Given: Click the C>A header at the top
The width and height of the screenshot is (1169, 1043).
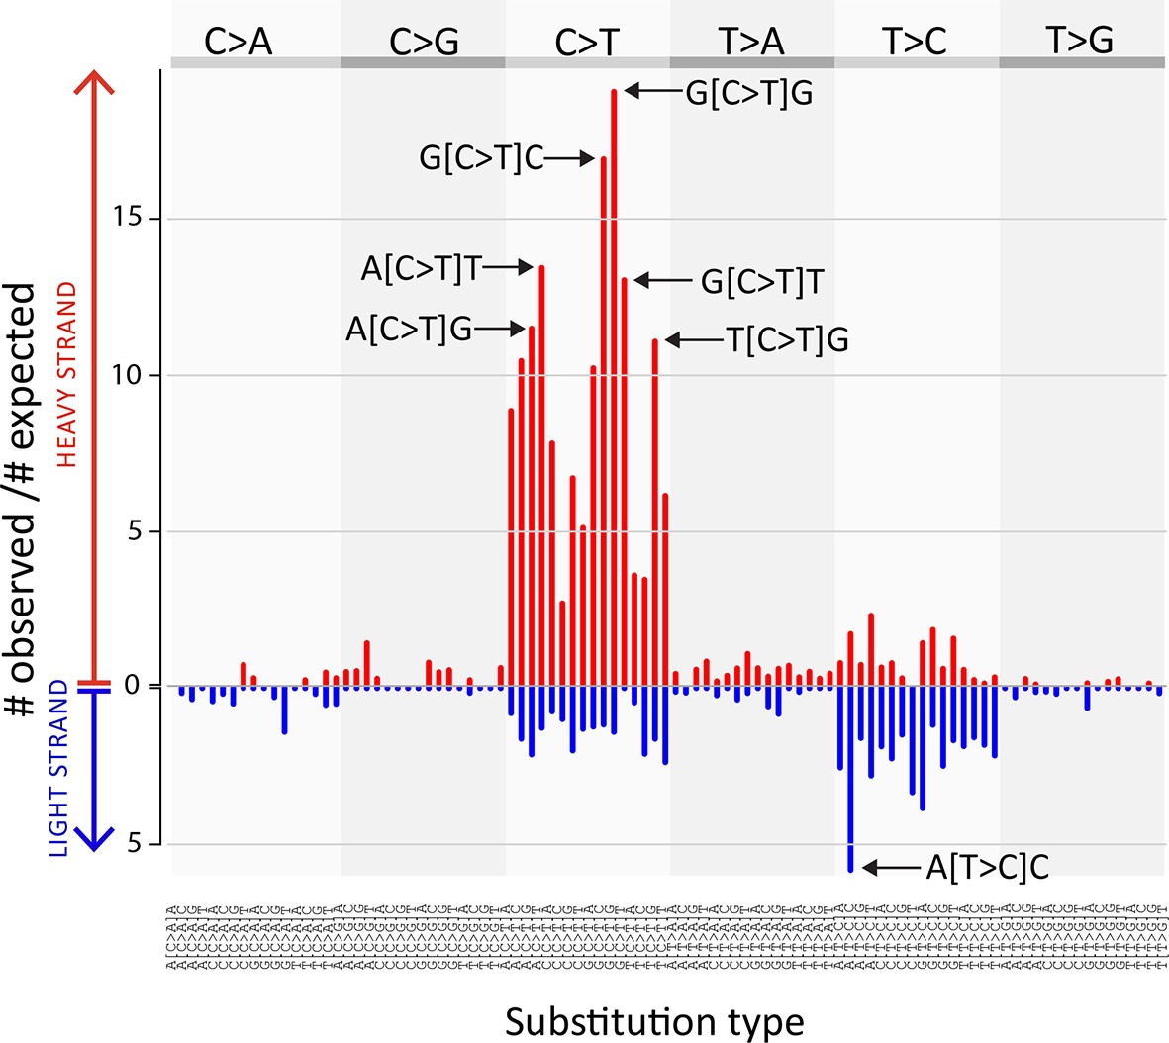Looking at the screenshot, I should coord(238,42).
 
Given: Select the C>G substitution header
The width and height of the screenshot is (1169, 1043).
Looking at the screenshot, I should coord(423,42).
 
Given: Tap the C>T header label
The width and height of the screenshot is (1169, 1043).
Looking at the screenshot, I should coord(587,42).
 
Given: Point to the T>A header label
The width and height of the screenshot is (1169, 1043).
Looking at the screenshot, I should coord(751,42).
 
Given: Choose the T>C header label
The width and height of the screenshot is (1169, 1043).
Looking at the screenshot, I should coord(915,42).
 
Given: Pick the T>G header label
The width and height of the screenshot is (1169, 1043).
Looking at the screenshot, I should coord(1080,41).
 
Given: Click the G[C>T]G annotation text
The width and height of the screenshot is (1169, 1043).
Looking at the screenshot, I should coord(749,93).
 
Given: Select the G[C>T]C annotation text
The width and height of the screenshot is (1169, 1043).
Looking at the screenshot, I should coord(482,158).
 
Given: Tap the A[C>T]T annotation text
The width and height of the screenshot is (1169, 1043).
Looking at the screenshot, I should coord(422,270).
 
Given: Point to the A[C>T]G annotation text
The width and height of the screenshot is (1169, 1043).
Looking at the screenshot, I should coord(409,330).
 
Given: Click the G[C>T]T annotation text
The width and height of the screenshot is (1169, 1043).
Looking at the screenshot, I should coord(762,282).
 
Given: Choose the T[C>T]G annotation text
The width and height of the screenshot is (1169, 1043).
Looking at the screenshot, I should coord(788,340).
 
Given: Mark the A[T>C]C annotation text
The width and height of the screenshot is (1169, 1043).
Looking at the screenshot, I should coord(987,868).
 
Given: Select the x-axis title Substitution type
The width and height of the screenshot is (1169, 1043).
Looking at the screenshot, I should coord(654,1020).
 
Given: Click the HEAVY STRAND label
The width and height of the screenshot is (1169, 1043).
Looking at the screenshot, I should coord(67,374).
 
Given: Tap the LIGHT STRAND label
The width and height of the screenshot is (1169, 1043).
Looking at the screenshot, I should coord(59,769).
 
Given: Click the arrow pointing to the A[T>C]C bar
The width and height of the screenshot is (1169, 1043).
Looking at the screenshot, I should coord(891,868).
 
